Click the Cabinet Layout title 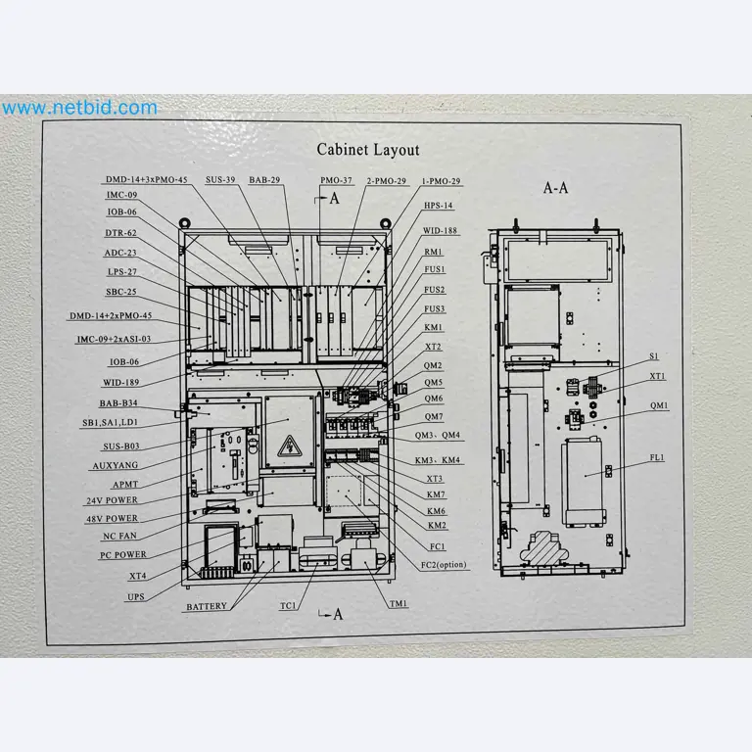367,150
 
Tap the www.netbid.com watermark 79,108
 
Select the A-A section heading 555,187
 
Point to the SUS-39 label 220,180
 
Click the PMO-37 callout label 336,181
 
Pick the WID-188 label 440,231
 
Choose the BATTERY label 206,607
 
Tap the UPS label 135,596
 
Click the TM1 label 398,604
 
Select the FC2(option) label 445,565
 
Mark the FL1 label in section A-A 656,457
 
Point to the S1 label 653,356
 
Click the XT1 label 657,376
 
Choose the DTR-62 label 120,233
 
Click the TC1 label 288,606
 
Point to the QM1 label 659,405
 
